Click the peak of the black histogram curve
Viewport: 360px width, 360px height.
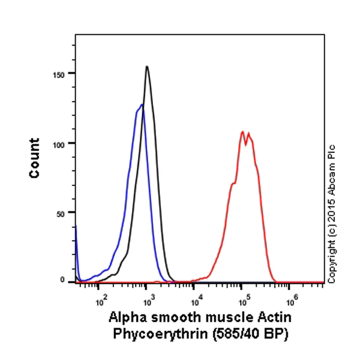click(146, 67)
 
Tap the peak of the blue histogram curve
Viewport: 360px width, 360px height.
click(142, 105)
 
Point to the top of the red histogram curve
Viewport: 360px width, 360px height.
click(242, 131)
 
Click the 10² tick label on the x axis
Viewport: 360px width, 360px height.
click(101, 295)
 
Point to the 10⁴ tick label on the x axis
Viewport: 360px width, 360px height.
click(195, 295)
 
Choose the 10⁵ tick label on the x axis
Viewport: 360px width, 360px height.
click(242, 295)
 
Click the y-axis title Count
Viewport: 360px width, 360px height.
click(34, 158)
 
